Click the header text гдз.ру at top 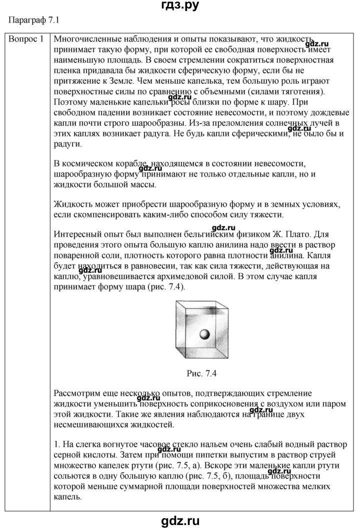tap(180, 6)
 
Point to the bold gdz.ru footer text tap(179, 520)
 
